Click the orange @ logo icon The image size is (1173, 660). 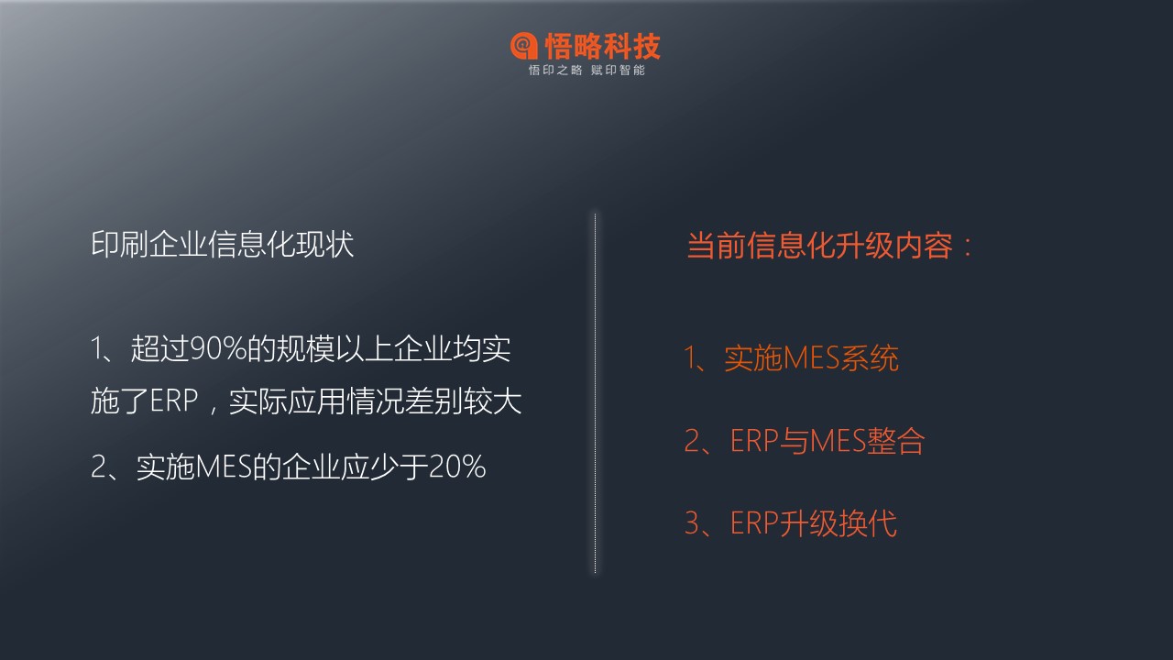coord(524,46)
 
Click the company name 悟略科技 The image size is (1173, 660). coord(603,46)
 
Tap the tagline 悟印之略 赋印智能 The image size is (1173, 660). coord(586,71)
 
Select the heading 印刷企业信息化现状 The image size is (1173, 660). coord(223,244)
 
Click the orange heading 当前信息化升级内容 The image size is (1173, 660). coord(819,245)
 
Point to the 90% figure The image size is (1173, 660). coord(218,348)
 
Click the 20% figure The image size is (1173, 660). coord(457,467)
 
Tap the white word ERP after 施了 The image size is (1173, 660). coord(174,401)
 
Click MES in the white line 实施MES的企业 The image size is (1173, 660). coord(225,467)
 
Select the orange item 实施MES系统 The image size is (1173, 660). coord(812,358)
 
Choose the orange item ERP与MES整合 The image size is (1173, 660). coord(828,441)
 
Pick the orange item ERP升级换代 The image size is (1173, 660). coord(814,522)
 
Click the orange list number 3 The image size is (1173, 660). coord(692,522)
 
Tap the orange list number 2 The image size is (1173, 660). coord(692,441)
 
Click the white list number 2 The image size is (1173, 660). coord(98,467)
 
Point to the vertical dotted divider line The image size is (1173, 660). coord(595,393)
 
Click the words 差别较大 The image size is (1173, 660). coord(464,401)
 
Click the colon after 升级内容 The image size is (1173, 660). coord(967,247)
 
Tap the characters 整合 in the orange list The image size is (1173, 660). coord(896,441)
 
